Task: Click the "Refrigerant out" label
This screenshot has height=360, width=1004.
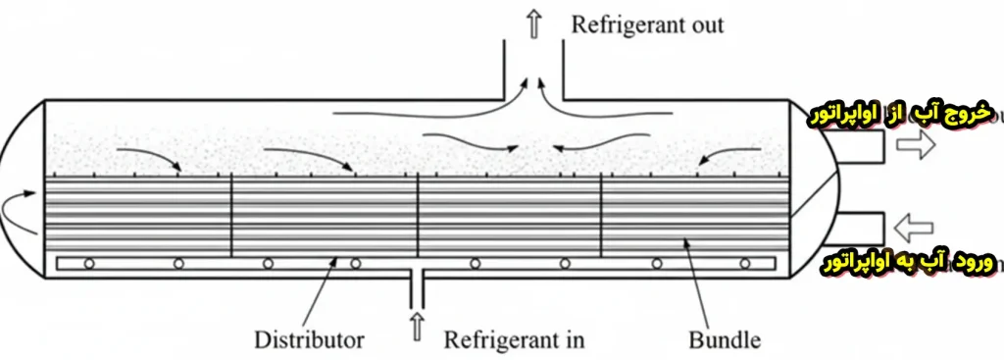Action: [x=648, y=24]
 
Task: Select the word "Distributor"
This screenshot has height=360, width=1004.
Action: [x=309, y=340]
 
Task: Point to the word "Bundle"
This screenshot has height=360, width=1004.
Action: [x=724, y=340]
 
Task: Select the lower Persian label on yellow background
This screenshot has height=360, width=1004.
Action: [x=901, y=263]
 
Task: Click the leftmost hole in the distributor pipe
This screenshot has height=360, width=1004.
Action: [x=88, y=263]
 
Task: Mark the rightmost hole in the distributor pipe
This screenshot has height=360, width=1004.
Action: [x=746, y=263]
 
